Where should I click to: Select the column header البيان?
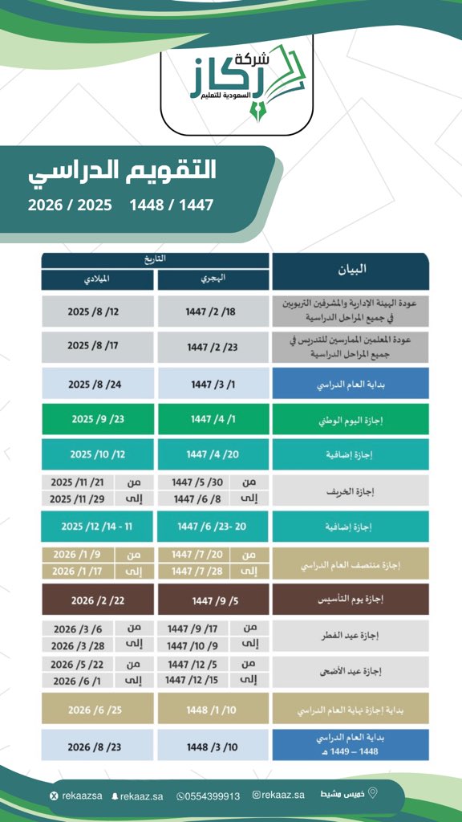click(350, 270)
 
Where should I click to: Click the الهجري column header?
click(213, 279)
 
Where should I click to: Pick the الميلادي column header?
click(97, 279)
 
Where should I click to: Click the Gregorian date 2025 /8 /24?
click(97, 384)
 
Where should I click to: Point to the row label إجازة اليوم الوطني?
click(350, 419)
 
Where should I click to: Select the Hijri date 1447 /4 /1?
click(213, 419)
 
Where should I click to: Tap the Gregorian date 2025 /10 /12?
click(97, 454)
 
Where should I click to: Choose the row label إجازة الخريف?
click(350, 490)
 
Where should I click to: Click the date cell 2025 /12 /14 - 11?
click(97, 526)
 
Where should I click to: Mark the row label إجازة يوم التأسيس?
click(350, 600)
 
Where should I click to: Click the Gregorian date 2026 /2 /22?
click(97, 600)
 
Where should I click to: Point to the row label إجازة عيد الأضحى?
click(350, 673)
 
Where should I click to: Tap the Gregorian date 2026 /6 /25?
click(97, 710)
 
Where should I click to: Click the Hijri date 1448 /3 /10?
click(213, 745)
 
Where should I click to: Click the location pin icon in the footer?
click(372, 794)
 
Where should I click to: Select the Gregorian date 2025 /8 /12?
click(97, 311)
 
